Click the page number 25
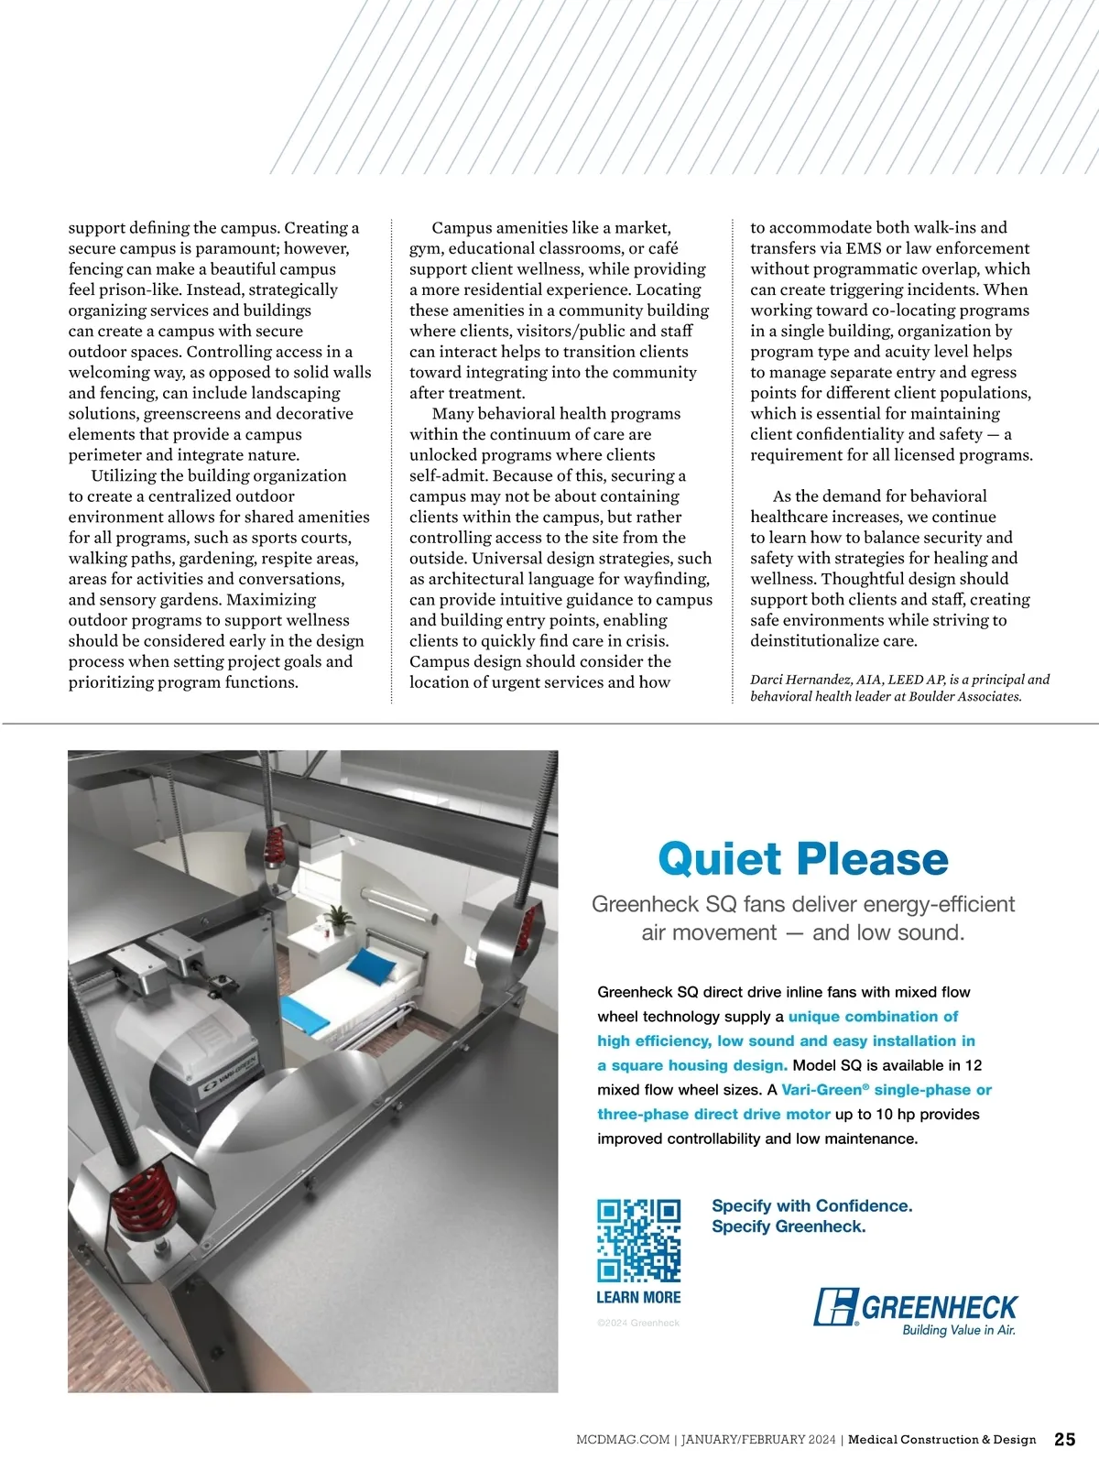[1064, 1439]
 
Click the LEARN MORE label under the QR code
[638, 1297]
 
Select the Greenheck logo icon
[835, 1307]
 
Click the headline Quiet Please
[803, 859]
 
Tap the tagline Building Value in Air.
[958, 1330]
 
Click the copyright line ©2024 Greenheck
[638, 1323]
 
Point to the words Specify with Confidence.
[811, 1205]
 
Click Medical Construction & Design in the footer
[941, 1440]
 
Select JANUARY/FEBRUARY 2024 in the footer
[758, 1440]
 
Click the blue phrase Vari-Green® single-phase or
[887, 1090]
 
